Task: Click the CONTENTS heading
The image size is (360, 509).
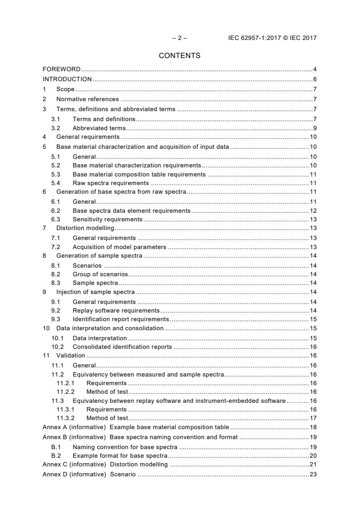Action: (x=179, y=56)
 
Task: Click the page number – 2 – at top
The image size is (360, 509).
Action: (x=179, y=38)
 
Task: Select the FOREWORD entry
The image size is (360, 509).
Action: (x=61, y=69)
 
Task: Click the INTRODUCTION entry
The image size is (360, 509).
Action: (x=67, y=79)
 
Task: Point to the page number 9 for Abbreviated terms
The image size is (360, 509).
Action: (x=315, y=128)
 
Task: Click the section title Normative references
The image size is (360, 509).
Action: (x=87, y=99)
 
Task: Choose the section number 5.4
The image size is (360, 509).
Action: (x=55, y=183)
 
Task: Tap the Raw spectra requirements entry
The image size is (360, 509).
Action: (x=110, y=183)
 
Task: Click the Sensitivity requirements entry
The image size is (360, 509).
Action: (x=107, y=219)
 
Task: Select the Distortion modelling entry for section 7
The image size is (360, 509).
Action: (x=85, y=228)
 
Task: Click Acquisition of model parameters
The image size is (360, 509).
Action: (x=119, y=247)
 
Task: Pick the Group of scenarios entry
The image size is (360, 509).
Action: (x=100, y=274)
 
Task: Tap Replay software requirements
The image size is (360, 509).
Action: (x=116, y=310)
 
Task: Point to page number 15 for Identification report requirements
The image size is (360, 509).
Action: (x=313, y=319)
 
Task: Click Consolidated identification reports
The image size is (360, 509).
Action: (x=122, y=347)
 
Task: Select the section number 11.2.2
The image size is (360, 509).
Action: (x=65, y=392)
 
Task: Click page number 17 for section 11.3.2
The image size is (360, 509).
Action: (x=313, y=418)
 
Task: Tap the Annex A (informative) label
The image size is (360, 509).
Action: (x=74, y=427)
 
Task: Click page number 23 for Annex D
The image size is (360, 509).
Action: (x=313, y=475)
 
